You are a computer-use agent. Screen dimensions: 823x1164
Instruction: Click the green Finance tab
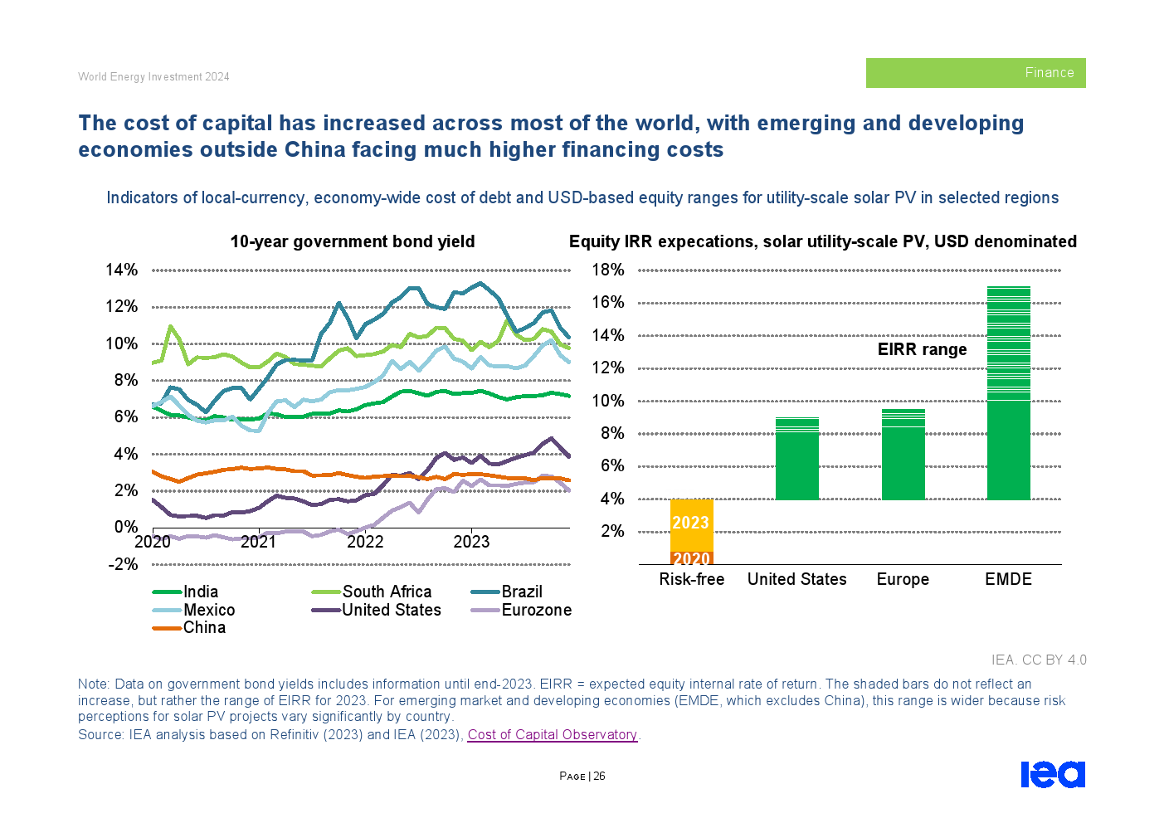(x=976, y=73)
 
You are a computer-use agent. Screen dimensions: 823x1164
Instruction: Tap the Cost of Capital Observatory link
(x=552, y=735)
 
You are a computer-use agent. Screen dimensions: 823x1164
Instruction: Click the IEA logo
(x=1052, y=774)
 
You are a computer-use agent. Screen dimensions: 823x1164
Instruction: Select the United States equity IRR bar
(x=796, y=459)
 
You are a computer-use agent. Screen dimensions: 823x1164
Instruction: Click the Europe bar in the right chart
(x=903, y=455)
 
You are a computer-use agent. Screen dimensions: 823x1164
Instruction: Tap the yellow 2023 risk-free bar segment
(x=691, y=523)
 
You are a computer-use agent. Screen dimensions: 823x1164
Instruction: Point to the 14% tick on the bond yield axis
(x=121, y=270)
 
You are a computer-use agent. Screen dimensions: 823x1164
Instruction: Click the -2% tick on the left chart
(x=121, y=564)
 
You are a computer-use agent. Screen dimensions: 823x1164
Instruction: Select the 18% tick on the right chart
(x=607, y=270)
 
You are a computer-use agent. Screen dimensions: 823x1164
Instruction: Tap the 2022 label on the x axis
(x=365, y=542)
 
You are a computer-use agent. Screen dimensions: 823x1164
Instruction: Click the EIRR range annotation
(x=922, y=349)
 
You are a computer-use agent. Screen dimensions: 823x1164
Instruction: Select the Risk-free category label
(x=691, y=579)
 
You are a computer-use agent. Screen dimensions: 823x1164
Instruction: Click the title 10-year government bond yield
(x=353, y=241)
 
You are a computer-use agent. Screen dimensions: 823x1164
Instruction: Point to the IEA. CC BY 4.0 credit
(x=1038, y=660)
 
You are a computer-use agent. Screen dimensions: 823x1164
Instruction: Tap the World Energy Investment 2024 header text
(x=153, y=76)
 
